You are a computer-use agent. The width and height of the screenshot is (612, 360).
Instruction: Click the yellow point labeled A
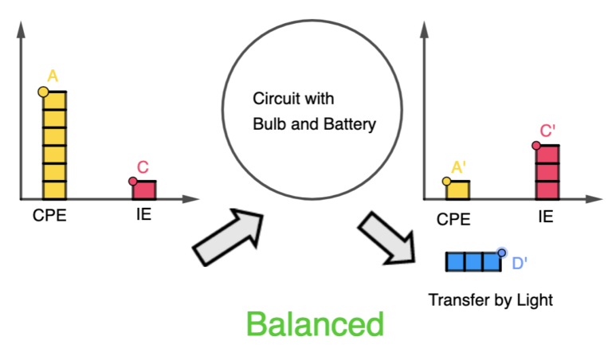(x=44, y=92)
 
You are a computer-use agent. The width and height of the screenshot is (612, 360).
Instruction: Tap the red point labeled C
(x=133, y=181)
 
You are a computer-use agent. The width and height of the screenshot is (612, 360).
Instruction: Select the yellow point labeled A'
(x=446, y=181)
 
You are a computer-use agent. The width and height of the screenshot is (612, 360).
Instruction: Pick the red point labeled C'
(x=536, y=145)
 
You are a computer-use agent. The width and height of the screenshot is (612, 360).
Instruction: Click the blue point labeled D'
(x=501, y=252)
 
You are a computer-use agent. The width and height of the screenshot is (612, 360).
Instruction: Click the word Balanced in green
(x=315, y=323)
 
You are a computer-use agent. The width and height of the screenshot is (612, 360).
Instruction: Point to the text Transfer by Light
(x=490, y=300)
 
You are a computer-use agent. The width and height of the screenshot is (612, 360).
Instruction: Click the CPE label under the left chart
(x=49, y=214)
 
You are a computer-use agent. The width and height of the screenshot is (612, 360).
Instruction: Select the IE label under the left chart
(x=143, y=214)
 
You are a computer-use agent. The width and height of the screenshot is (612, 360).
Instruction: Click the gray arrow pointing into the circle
(x=229, y=235)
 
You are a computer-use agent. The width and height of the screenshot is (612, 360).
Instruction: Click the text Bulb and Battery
(x=314, y=124)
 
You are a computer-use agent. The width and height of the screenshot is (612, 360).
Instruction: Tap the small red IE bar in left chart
(x=144, y=190)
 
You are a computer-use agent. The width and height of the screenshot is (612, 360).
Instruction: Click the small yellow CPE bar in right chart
(x=457, y=190)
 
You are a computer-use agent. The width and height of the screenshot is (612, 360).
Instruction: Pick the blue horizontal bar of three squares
(x=473, y=261)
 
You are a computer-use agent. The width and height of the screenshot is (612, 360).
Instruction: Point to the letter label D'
(x=520, y=263)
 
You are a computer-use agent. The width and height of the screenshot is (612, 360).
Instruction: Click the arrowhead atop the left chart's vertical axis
(x=20, y=29)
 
